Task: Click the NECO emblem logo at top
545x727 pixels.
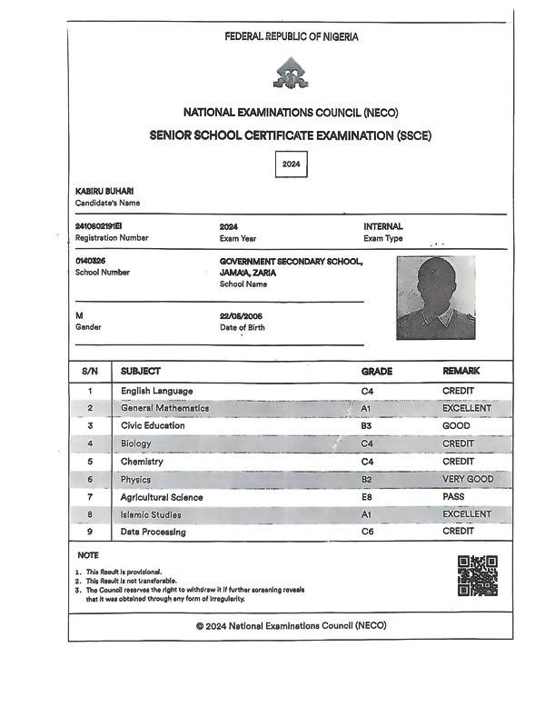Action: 291,74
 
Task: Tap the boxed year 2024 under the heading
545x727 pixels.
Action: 291,164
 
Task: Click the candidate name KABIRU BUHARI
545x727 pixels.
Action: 104,191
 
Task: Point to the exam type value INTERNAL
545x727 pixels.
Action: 383,225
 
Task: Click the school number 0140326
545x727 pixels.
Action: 93,261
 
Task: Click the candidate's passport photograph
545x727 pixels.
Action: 435,297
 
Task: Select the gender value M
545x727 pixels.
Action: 79,315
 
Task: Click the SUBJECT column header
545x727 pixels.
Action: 141,372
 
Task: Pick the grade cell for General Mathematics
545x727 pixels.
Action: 367,409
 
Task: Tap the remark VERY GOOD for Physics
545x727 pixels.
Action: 468,479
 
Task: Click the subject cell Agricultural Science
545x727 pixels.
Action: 162,497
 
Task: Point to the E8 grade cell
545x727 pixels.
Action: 367,497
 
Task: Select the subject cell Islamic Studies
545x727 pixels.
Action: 151,514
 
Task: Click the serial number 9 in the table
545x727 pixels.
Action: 90,532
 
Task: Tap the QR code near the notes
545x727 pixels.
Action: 477,575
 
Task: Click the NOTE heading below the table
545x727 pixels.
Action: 87,554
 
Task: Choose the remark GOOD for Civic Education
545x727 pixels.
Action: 458,425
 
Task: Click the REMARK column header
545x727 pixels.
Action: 461,372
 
